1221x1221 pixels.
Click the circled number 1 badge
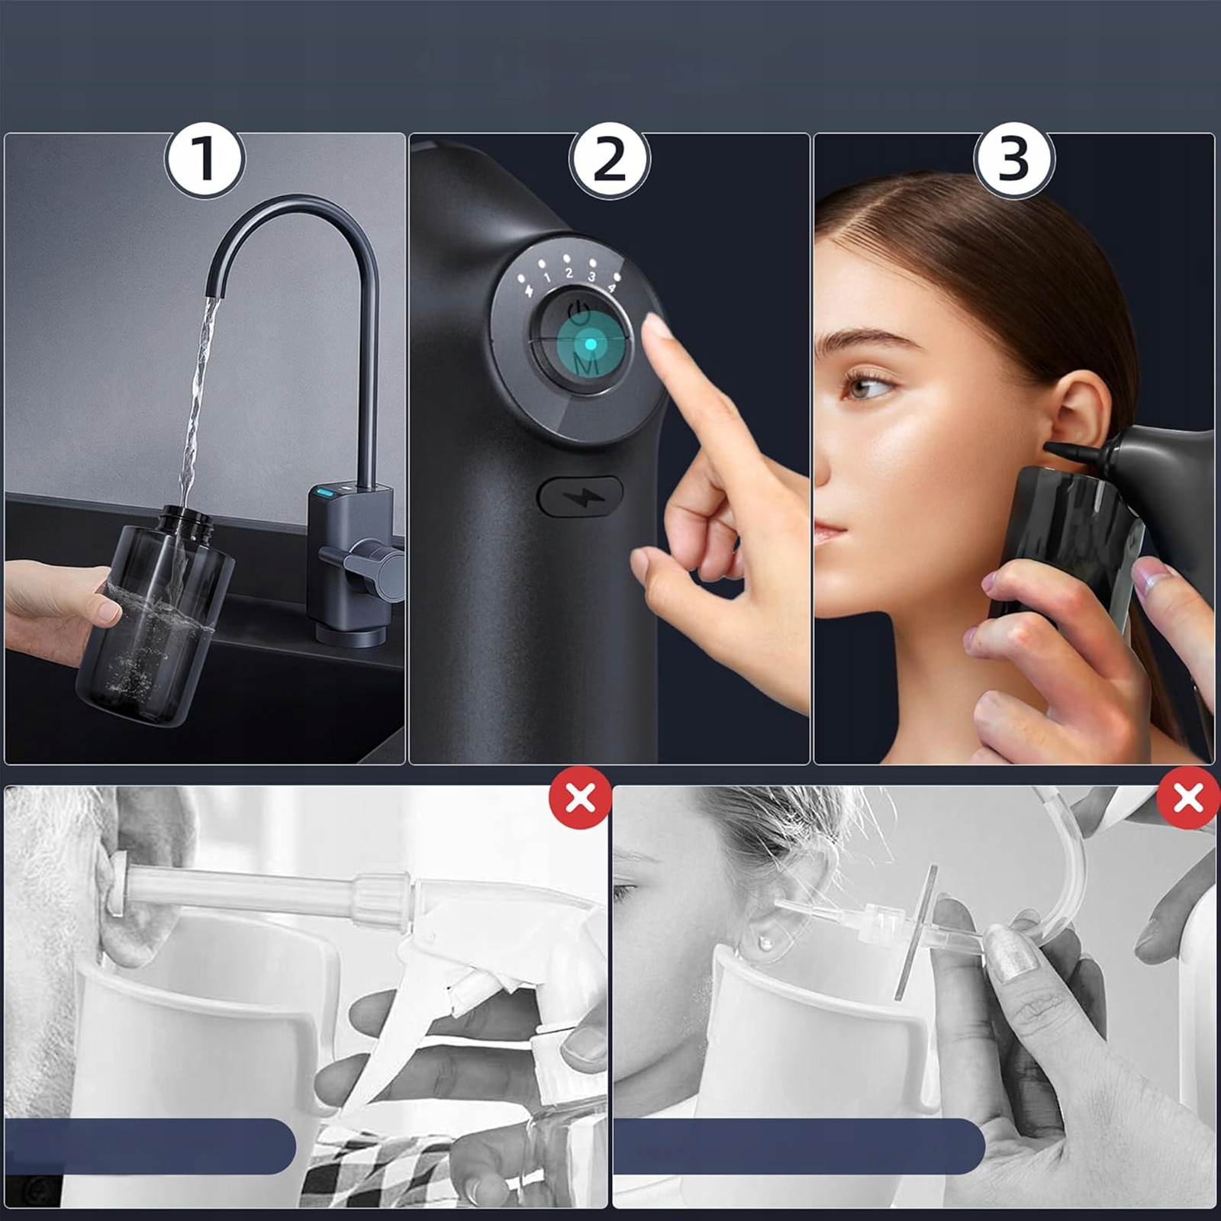coord(204,159)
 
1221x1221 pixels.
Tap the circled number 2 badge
coord(609,160)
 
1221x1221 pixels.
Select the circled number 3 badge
coord(1014,159)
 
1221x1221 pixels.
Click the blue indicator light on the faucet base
coord(324,491)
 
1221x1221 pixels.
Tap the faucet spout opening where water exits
coord(214,295)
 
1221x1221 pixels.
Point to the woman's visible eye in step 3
coord(868,386)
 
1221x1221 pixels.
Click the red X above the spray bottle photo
coord(580,798)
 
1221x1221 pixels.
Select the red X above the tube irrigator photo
coord(1187,798)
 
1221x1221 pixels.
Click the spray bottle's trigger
coord(397,1015)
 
